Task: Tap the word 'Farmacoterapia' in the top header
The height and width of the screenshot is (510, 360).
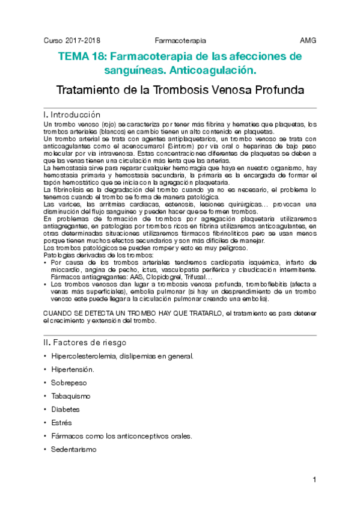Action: [180, 40]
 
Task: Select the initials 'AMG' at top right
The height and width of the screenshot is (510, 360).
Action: [308, 40]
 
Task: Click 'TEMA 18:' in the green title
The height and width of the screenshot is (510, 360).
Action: [82, 57]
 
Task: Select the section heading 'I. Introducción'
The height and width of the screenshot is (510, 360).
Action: [72, 114]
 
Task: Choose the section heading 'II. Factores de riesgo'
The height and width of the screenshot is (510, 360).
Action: [85, 342]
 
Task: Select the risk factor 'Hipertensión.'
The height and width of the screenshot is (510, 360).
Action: [73, 369]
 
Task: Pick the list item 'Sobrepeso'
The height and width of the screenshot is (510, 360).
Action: [69, 382]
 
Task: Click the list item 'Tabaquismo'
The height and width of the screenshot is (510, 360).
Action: [71, 396]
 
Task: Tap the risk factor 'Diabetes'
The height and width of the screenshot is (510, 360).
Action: [66, 410]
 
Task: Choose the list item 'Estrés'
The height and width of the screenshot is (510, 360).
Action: [61, 423]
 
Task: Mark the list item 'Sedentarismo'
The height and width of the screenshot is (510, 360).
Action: [73, 449]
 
